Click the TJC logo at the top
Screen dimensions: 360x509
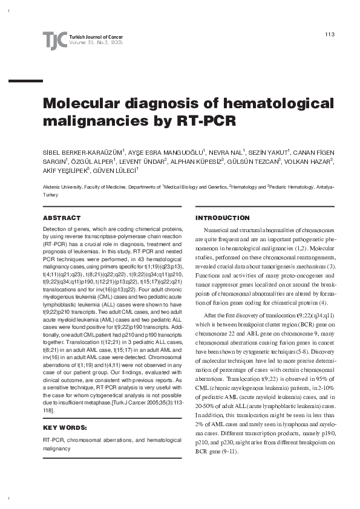[55, 41]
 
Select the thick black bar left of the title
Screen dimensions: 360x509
[21, 80]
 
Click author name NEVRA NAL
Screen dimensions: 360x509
[227, 152]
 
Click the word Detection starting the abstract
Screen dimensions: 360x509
[55, 230]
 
